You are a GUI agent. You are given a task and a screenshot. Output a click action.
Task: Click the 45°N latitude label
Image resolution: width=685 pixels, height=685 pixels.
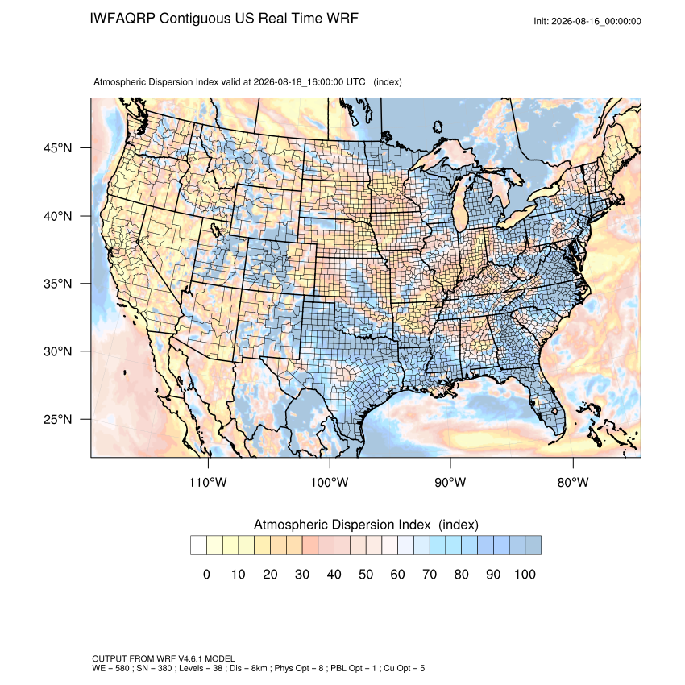[58, 148]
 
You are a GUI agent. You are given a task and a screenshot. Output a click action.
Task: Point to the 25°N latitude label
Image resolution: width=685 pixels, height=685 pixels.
[58, 419]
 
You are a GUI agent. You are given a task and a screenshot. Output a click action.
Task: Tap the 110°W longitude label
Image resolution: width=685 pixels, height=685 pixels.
[208, 482]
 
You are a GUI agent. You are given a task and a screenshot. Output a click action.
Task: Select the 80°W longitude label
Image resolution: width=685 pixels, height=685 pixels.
[573, 482]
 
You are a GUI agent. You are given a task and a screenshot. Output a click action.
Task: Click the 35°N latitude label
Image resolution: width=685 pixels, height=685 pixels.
[58, 284]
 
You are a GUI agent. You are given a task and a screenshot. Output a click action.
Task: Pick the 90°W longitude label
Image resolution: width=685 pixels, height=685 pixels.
[450, 482]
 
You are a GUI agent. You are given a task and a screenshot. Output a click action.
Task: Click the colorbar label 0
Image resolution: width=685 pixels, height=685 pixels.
[206, 574]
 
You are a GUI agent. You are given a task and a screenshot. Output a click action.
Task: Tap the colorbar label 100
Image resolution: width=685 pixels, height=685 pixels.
[525, 574]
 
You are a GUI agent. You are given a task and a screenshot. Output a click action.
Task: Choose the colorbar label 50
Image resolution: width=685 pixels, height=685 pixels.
[366, 574]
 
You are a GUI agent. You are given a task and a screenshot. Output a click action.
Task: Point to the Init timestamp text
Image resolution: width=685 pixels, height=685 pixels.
[587, 21]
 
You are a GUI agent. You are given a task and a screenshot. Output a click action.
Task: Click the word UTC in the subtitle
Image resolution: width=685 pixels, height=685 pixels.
[355, 82]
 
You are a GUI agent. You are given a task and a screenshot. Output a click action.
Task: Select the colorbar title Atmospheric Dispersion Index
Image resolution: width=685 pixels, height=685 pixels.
[342, 525]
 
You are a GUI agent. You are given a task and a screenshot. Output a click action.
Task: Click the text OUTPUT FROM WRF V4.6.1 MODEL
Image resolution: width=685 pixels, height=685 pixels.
[164, 658]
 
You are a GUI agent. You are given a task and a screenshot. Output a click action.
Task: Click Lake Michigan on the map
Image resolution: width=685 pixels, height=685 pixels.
[460, 205]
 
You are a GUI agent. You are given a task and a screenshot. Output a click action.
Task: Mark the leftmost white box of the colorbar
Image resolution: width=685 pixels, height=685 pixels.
[198, 546]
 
